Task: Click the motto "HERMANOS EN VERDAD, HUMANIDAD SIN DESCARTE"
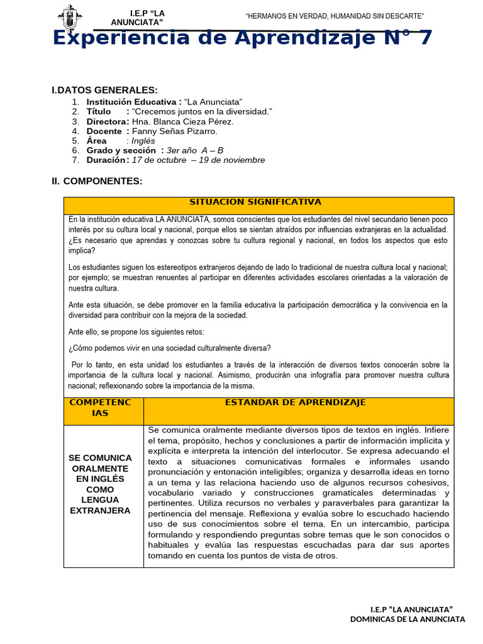pos(335,15)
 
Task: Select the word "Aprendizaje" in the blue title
pos(280,38)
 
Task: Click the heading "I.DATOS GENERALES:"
pos(104,91)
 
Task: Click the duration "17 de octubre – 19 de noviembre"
pos(198,160)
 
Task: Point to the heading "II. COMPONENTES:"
pos(97,181)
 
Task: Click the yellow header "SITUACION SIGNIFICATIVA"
pos(255,202)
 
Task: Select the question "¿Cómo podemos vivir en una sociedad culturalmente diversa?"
pos(169,348)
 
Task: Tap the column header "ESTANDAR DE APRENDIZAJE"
pos(295,402)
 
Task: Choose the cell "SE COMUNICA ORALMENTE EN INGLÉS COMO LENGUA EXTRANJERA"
pos(100,484)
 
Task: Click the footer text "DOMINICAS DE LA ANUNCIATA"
pos(408,619)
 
